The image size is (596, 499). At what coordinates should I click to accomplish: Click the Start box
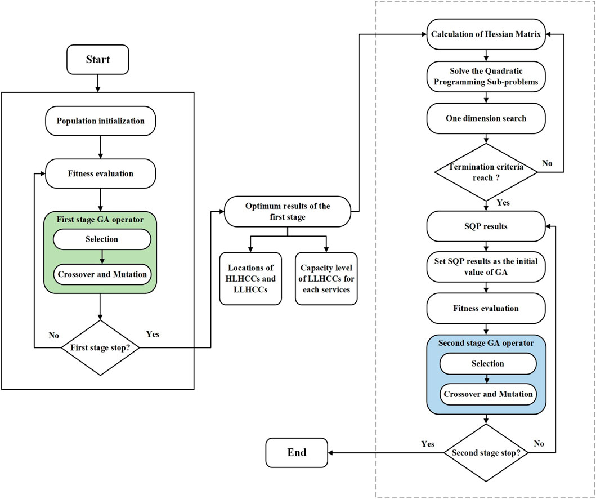click(98, 59)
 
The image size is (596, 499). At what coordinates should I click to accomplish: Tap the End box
click(297, 453)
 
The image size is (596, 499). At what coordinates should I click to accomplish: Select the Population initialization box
click(100, 121)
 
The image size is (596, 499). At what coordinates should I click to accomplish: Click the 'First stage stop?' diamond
click(100, 347)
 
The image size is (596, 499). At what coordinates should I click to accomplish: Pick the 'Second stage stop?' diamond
click(486, 453)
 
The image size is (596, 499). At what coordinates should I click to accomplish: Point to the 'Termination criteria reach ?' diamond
click(486, 172)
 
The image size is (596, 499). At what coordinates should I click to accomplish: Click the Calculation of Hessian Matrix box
click(486, 34)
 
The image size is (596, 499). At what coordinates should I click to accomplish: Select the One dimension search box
click(486, 118)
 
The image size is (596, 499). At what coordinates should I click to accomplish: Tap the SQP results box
click(486, 226)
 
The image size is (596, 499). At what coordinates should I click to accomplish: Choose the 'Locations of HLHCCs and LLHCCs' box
click(250, 279)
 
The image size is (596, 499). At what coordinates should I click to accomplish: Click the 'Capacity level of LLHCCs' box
click(326, 279)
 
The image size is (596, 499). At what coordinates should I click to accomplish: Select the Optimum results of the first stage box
click(288, 211)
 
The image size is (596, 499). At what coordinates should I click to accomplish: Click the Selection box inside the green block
click(102, 239)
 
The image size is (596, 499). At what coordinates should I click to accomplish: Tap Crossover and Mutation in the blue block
click(488, 394)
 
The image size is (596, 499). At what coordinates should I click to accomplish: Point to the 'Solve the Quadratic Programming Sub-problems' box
click(486, 77)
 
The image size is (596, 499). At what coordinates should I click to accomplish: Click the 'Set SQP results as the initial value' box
click(486, 267)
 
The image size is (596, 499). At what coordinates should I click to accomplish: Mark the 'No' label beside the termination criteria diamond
click(547, 163)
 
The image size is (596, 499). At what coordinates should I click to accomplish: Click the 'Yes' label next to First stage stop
click(153, 335)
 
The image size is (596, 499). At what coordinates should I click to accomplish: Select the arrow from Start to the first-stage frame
click(98, 83)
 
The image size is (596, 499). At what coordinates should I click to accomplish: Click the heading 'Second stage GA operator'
click(486, 343)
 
